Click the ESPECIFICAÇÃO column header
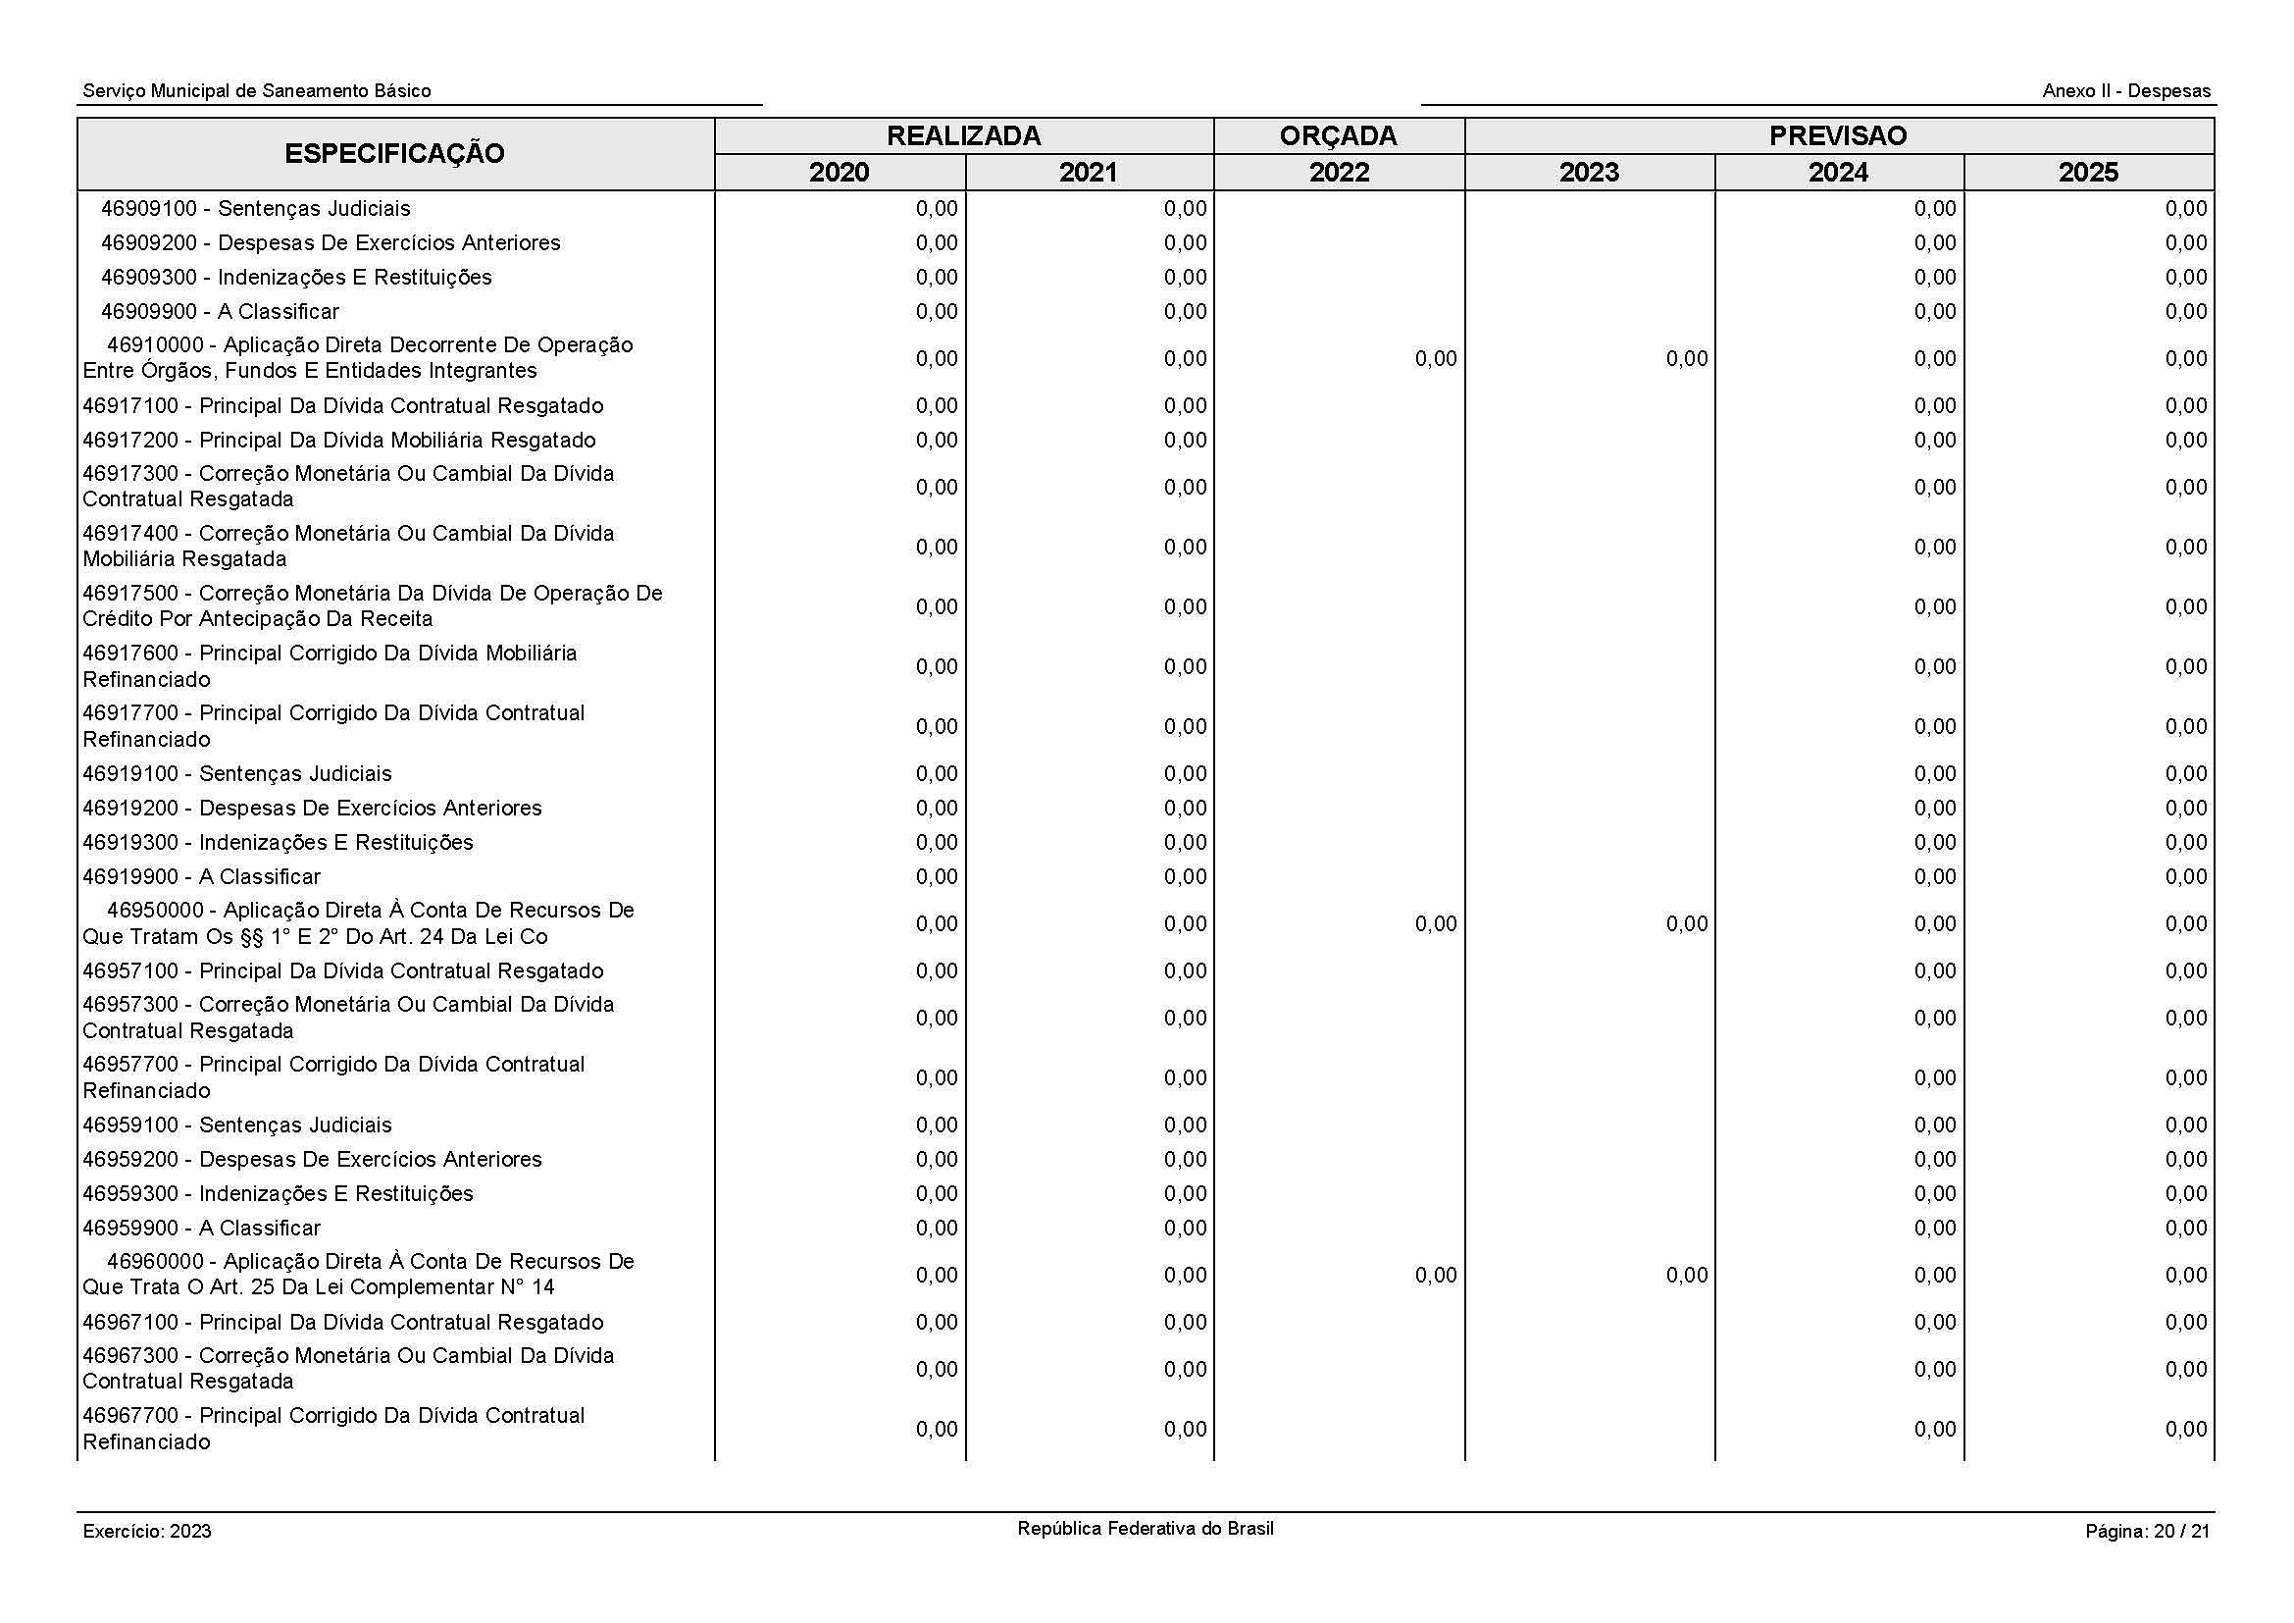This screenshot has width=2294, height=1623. tap(394, 154)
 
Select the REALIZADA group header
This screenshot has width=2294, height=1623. tap(963, 136)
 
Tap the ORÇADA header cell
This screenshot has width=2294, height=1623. tap(1338, 136)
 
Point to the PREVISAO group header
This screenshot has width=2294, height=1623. tap(1837, 136)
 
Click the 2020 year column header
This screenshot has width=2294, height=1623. tap(840, 172)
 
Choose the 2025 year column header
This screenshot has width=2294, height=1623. tap(2088, 172)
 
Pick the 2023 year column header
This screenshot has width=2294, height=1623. tap(1589, 172)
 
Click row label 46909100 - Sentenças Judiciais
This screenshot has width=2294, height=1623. tap(255, 209)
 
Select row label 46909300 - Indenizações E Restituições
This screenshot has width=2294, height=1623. tap(296, 277)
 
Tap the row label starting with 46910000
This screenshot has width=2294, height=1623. tap(358, 358)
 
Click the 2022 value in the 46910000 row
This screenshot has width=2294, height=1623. tap(1436, 359)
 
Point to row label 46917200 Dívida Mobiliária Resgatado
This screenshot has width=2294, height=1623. tap(338, 440)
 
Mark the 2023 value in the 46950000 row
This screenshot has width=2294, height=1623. tap(1687, 924)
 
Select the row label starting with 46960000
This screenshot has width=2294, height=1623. tap(358, 1275)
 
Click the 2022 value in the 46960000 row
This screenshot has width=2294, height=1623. tap(1436, 1276)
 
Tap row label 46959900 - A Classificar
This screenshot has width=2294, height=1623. tap(201, 1228)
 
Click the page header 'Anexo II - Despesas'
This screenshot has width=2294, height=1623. tap(2126, 91)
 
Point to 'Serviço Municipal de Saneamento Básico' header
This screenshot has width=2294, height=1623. tap(257, 91)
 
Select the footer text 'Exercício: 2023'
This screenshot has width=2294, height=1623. tap(147, 1531)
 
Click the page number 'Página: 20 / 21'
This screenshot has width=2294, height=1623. tap(2147, 1531)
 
